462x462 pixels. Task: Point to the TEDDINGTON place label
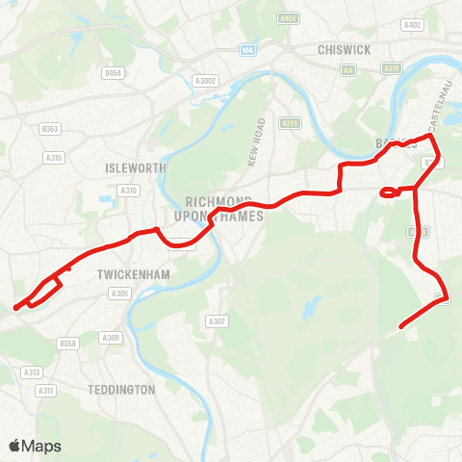click(x=121, y=390)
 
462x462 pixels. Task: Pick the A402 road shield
click(x=414, y=25)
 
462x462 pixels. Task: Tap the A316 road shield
click(x=391, y=68)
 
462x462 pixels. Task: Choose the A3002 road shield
click(x=205, y=81)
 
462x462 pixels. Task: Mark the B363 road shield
click(x=50, y=127)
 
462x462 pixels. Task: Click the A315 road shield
click(x=53, y=157)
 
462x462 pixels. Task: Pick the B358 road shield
click(x=66, y=343)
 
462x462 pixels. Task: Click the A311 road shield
click(x=45, y=390)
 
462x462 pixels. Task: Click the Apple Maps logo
click(x=36, y=446)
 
